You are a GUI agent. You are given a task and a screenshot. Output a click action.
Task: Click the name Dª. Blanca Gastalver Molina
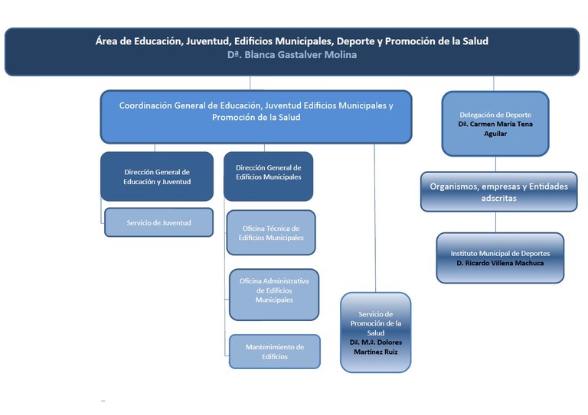pos(292,55)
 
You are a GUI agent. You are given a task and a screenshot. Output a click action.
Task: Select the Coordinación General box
pos(256,116)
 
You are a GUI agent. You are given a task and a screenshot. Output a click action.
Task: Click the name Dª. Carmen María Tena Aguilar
pos(494,128)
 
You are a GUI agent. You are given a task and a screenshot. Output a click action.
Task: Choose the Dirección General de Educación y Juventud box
pos(157,177)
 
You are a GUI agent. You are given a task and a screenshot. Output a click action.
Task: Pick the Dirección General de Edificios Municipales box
pos(268,177)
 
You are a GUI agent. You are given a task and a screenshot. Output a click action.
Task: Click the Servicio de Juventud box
pos(158,222)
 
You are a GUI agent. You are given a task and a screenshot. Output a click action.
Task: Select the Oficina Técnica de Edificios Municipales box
pos(270,232)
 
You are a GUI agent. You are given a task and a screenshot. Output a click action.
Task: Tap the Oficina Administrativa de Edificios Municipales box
pos(273,294)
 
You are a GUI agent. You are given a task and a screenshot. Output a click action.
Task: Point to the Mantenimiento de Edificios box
pos(274,352)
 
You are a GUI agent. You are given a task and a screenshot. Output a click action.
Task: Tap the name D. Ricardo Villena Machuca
pos(500,264)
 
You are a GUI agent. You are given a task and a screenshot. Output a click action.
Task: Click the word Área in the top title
pos(109,41)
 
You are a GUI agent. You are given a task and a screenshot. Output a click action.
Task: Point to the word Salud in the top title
pos(473,41)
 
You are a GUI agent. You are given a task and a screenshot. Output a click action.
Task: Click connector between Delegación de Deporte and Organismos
pos(495,164)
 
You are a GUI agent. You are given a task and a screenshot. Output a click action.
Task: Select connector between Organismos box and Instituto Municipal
pos(495,222)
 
